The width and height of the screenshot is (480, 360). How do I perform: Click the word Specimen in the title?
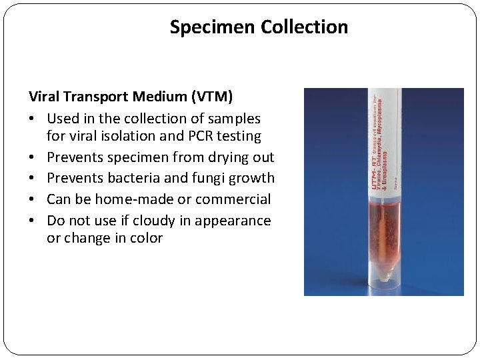coord(213,27)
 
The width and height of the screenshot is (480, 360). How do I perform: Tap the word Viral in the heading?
coord(45,97)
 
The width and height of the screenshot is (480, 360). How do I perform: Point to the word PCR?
coord(191,136)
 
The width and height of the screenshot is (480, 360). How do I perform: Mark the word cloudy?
coord(153,221)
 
